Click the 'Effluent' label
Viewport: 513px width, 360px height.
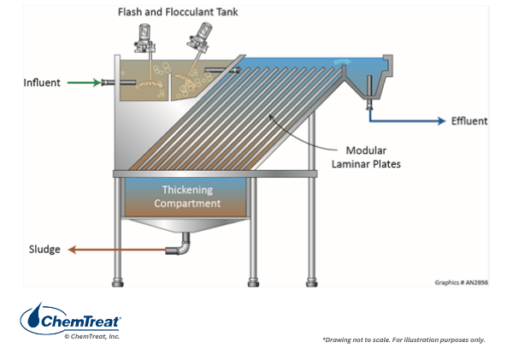[469, 121]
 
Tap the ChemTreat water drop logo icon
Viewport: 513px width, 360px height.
[32, 320]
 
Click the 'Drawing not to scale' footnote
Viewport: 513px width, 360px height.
[403, 339]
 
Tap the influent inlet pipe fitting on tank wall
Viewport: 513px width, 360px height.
[108, 83]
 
